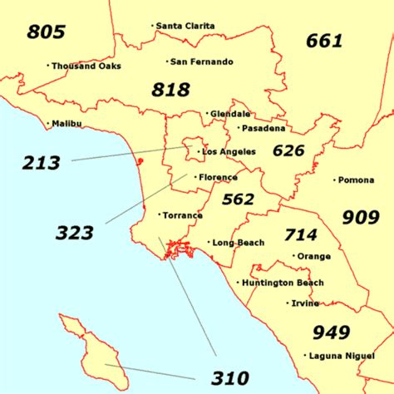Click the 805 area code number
coord(47,32)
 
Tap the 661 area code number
coord(324,40)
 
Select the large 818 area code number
coord(170,90)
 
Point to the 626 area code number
coord(288,150)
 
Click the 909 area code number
coord(360,218)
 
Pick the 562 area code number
coord(239,199)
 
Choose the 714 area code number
coord(301,235)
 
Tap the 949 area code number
coord(331,332)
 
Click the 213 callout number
coord(42,163)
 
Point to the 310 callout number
coord(229,378)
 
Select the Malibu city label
coord(66,124)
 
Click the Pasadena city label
coord(264,128)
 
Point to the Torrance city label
coord(182,215)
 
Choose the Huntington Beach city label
coord(283,283)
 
